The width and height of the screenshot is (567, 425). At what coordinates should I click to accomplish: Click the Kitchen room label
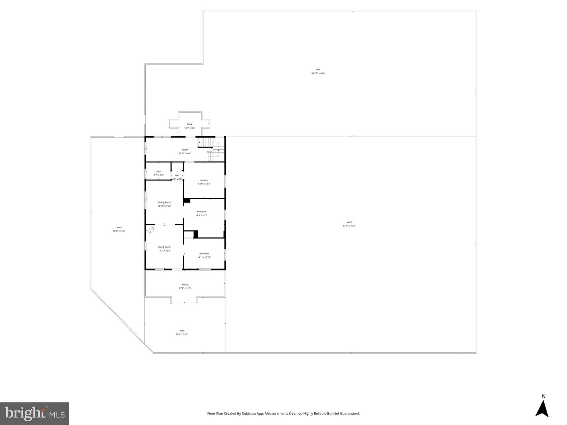[x=204, y=180]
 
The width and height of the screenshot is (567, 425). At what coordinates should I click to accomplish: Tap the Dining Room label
[x=164, y=202]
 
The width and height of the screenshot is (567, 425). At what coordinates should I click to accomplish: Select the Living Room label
[x=164, y=247]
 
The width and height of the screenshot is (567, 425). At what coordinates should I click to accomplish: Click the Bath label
[x=159, y=171]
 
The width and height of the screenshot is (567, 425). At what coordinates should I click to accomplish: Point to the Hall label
[x=177, y=175]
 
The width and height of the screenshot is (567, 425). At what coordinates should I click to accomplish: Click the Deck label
[x=190, y=124]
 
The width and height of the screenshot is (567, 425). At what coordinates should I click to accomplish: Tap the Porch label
[x=185, y=285]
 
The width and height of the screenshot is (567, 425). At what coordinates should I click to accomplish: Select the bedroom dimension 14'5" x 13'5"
[x=202, y=215]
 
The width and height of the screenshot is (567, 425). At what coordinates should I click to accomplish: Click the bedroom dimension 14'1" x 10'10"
[x=204, y=258]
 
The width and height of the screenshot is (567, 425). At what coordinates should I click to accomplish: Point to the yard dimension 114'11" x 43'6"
[x=318, y=74]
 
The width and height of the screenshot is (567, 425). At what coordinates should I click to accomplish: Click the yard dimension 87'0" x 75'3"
[x=349, y=226]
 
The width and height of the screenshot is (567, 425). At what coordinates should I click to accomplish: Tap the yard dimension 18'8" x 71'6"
[x=119, y=231]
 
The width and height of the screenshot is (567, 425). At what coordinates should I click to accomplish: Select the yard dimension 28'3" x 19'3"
[x=182, y=335]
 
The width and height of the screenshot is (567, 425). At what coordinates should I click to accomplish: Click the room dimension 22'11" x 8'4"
[x=185, y=153]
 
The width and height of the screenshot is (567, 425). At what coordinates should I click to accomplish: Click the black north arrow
[x=542, y=409]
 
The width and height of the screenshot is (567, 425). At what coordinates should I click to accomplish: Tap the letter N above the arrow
[x=543, y=396]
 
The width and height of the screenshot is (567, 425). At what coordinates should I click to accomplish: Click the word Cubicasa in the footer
[x=248, y=414]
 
